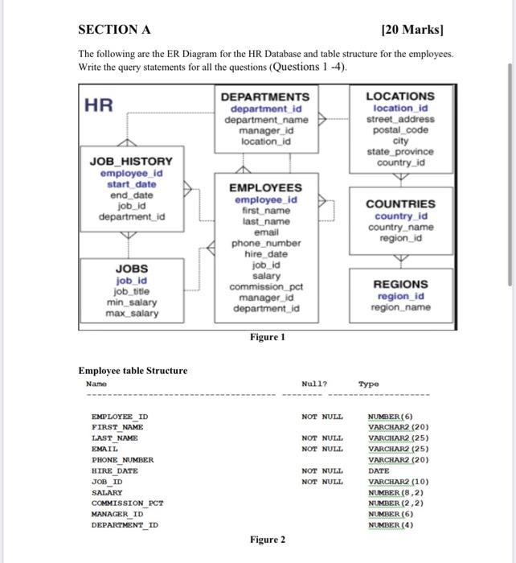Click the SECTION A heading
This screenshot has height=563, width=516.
[x=114, y=30]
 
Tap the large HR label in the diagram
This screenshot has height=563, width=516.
[x=99, y=105]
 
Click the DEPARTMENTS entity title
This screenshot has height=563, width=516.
[x=264, y=97]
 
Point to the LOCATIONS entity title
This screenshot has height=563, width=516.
[x=399, y=96]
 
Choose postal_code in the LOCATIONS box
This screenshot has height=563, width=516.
[x=399, y=129]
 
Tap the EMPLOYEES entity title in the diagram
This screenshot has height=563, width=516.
[x=265, y=187]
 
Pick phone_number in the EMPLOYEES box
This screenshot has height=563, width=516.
[x=265, y=243]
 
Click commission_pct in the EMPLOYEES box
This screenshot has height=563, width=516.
[x=265, y=287]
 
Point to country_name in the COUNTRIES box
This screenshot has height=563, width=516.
[x=400, y=228]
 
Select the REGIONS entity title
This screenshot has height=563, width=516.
[x=400, y=284]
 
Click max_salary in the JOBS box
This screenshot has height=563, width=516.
[x=131, y=313]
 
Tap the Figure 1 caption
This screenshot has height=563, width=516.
[x=267, y=337]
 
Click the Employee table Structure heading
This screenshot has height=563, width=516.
[x=133, y=371]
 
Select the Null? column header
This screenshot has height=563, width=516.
[x=314, y=384]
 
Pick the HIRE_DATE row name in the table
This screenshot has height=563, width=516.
[x=115, y=471]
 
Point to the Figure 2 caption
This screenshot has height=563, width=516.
[x=267, y=540]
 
